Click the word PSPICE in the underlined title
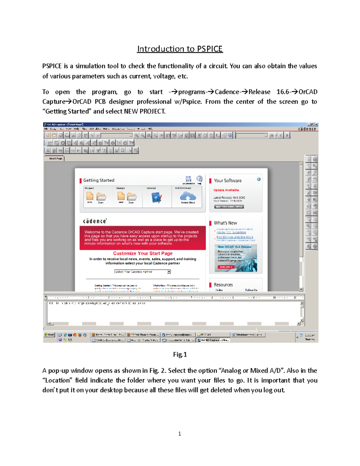210,49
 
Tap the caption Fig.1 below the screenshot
180,355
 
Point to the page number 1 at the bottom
179,434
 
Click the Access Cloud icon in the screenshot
188,197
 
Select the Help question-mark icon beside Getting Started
199,179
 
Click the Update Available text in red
226,190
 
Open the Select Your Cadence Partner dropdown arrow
169,272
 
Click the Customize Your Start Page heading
142,253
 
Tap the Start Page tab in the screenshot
55,158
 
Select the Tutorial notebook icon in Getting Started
157,198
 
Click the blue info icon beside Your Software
259,179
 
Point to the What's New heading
225,223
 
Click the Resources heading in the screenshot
223,285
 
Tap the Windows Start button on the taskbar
49,335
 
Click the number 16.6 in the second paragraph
283,92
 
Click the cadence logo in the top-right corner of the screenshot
307,129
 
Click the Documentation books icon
188,179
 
